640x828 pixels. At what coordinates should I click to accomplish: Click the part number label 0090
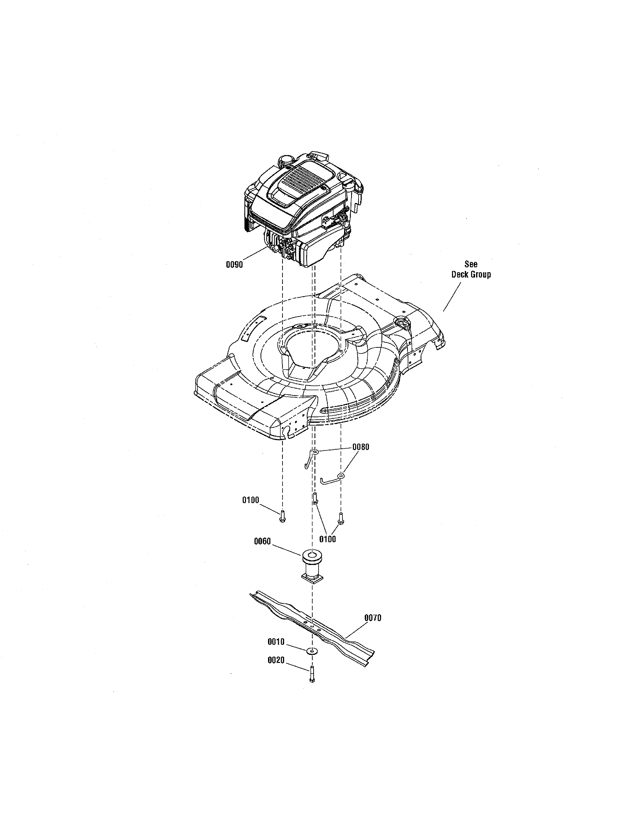click(x=234, y=265)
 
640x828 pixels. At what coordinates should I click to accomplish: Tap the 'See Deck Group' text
click(x=471, y=269)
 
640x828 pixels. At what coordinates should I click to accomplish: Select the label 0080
click(x=361, y=447)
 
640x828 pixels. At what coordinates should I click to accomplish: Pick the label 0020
click(x=276, y=660)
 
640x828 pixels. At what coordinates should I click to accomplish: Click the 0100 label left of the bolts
click(x=251, y=500)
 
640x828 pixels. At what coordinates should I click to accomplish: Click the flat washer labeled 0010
click(x=312, y=651)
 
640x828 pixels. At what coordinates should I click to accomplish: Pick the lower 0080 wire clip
click(x=333, y=479)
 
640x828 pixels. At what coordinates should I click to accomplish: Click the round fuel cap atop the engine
click(x=285, y=161)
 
